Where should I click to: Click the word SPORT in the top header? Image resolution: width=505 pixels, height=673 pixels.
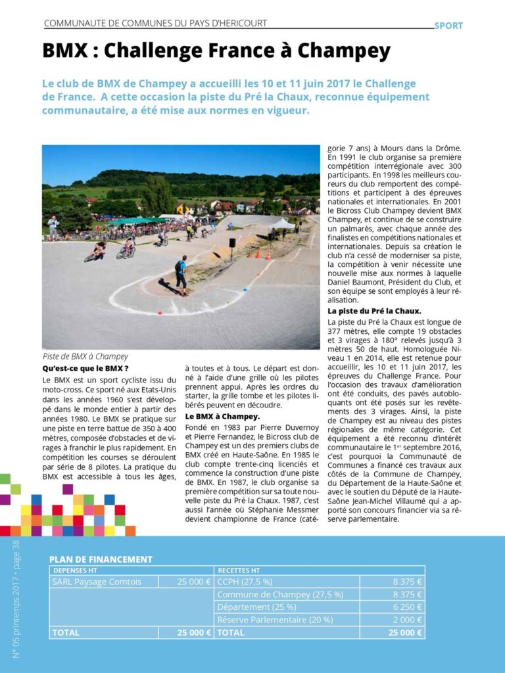448,26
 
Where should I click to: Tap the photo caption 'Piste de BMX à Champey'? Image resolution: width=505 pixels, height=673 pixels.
85,357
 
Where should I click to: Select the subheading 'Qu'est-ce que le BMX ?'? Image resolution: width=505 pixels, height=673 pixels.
85,368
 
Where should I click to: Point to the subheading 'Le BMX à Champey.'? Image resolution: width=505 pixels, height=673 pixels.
222,416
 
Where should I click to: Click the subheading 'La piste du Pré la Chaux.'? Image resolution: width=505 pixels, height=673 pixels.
375,310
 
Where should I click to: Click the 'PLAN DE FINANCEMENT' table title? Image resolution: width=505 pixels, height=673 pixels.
101,559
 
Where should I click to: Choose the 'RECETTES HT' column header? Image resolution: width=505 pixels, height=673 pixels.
239,570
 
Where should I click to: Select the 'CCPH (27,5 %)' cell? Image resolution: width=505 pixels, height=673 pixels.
245,582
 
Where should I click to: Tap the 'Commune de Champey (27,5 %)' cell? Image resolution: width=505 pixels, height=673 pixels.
280,594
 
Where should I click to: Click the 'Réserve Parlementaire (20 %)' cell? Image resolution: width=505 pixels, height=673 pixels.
275,619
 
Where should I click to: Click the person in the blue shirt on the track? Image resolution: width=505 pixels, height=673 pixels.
180,273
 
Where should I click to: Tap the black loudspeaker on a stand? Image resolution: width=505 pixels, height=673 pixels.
232,244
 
